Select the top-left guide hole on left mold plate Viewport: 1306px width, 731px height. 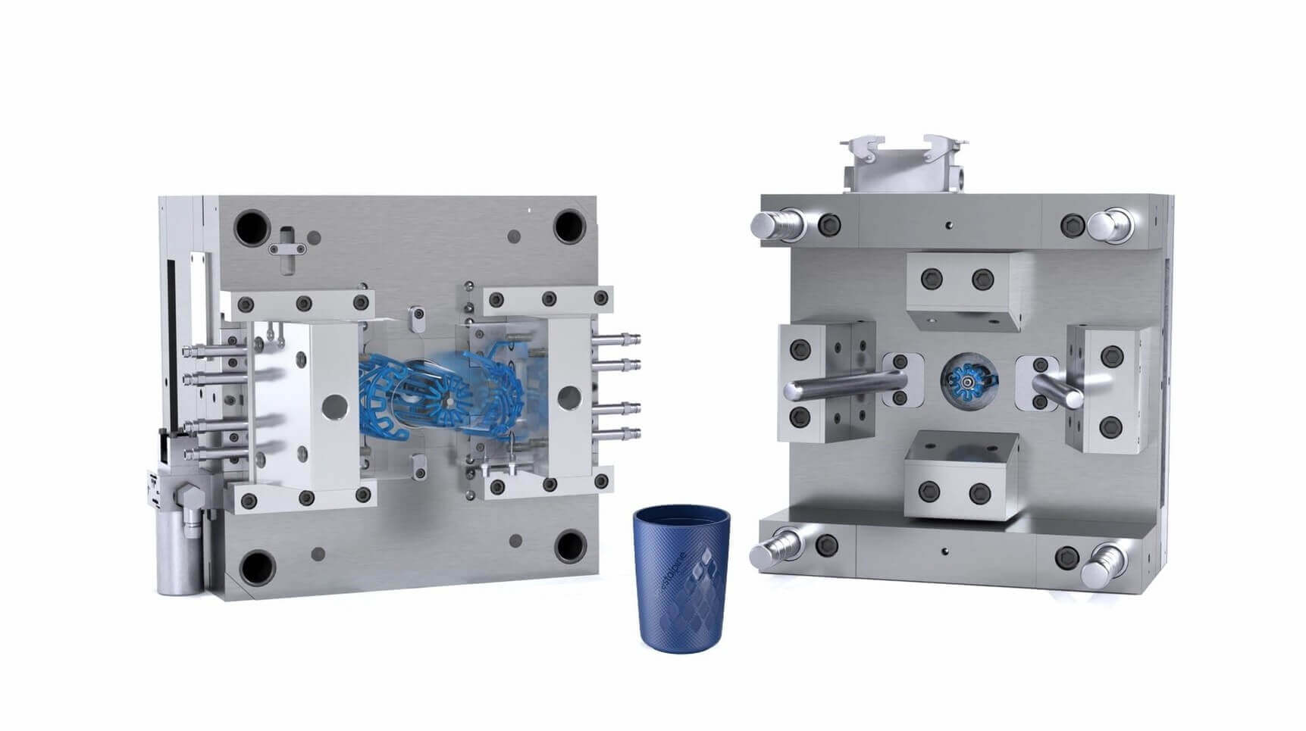(x=252, y=225)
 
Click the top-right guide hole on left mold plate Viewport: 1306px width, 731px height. (x=569, y=225)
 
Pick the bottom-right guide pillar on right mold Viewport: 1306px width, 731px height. (x=1107, y=564)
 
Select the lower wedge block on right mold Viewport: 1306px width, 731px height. (x=961, y=475)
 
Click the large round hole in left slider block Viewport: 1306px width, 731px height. (x=331, y=405)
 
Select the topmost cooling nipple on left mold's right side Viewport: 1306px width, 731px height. (x=615, y=339)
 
